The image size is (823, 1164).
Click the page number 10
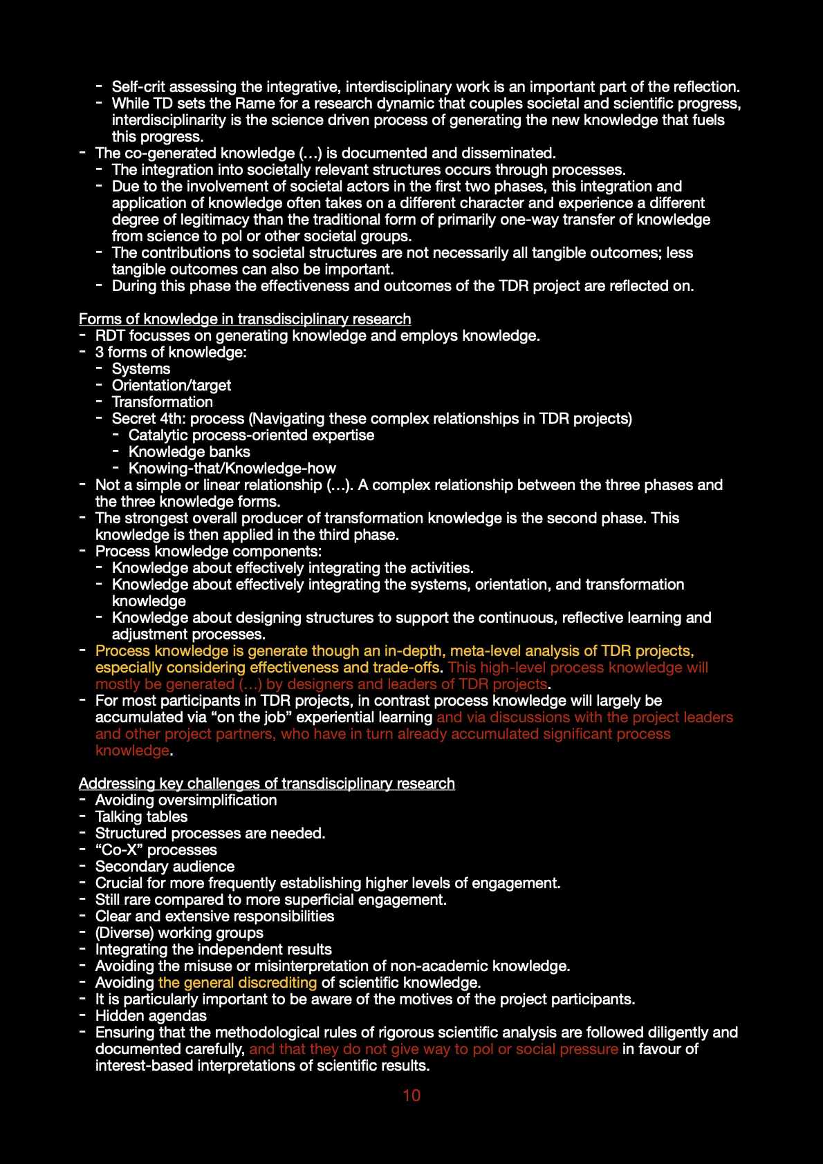tap(411, 1095)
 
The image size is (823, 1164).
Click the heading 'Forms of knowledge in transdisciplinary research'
tap(245, 319)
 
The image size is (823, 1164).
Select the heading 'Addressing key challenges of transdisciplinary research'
tap(266, 783)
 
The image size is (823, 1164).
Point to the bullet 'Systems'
tap(141, 368)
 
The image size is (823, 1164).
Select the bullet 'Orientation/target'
tap(172, 385)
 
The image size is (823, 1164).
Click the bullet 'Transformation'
tap(163, 402)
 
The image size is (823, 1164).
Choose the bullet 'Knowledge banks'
tap(189, 451)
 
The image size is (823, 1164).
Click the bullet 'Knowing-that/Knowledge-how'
tap(232, 468)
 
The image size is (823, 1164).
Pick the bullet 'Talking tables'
tap(142, 816)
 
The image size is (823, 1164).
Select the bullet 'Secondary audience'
tap(165, 866)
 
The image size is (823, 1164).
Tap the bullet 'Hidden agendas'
tap(151, 1015)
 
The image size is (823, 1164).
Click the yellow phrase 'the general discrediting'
tap(237, 982)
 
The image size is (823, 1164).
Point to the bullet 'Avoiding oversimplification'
tap(186, 800)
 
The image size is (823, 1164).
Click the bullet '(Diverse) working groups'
tap(179, 932)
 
